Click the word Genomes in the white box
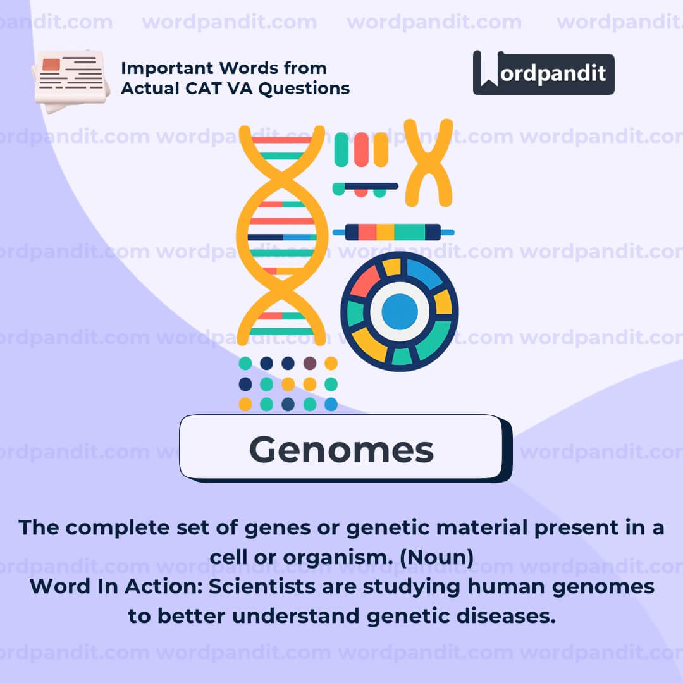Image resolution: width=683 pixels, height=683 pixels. [341, 450]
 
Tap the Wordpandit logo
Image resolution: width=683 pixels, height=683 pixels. [544, 73]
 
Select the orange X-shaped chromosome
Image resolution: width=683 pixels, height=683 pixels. [428, 163]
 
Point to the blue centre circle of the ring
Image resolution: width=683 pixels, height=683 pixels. [400, 311]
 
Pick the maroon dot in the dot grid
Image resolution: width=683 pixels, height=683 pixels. [310, 363]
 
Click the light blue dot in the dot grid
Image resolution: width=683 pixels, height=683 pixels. [331, 404]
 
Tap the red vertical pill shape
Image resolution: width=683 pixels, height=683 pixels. [361, 149]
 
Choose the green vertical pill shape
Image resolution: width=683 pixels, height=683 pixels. [341, 149]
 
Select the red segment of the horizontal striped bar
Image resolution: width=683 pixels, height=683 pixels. [367, 232]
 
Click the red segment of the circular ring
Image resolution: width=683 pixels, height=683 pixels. [365, 281]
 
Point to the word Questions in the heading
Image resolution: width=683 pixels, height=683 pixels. [304, 89]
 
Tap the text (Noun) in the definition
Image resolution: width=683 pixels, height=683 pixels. [436, 557]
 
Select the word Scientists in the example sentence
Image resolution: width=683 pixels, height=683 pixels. [262, 586]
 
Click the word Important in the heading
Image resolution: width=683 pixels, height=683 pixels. [167, 68]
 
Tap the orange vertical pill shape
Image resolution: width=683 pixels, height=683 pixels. [381, 149]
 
